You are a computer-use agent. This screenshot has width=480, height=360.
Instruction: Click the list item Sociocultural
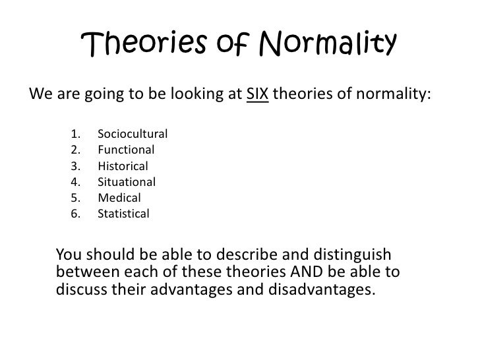132,135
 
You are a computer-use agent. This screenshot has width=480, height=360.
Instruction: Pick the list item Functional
125,150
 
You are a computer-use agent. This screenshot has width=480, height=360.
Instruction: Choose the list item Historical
123,166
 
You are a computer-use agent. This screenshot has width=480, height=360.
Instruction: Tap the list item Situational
126,182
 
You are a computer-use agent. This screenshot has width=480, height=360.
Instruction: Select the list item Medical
119,198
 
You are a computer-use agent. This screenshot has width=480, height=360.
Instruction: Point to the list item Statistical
123,214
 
